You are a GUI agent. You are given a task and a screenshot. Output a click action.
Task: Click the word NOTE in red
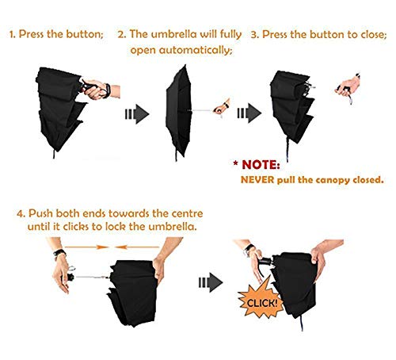coord(261,165)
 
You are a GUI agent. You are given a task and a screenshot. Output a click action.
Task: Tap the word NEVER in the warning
coord(257,180)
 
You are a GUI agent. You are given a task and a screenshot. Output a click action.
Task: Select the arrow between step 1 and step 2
coord(137,114)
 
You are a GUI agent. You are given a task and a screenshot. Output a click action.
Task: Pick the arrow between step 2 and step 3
coord(249,113)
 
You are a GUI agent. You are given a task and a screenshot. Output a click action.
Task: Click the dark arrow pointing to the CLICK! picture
coord(211,282)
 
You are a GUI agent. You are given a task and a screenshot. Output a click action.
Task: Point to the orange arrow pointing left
coord(137,247)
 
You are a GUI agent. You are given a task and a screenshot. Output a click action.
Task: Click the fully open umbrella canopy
coord(178,111)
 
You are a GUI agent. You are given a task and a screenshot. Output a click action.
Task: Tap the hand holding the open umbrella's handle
coord(221,106)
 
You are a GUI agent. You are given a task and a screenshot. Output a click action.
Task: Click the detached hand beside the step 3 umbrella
coord(348,87)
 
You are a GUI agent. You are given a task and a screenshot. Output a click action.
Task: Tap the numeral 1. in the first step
coord(13,34)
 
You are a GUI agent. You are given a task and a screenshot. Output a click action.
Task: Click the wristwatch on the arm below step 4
coord(59,252)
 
